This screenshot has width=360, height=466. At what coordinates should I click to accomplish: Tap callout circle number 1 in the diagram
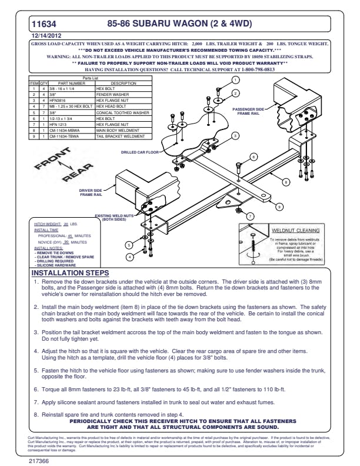(x=236, y=80)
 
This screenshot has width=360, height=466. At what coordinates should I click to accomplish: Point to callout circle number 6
(x=254, y=157)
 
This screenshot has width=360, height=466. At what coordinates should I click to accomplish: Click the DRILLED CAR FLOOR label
(x=142, y=152)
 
